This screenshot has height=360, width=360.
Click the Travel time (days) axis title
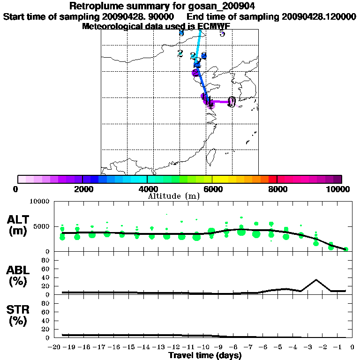pos(205,355)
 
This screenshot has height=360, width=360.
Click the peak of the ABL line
pos(316,280)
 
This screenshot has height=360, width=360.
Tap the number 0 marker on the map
pos(231,102)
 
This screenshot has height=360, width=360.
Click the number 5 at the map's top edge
pos(222,33)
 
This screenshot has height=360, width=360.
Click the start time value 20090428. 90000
pos(142,16)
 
